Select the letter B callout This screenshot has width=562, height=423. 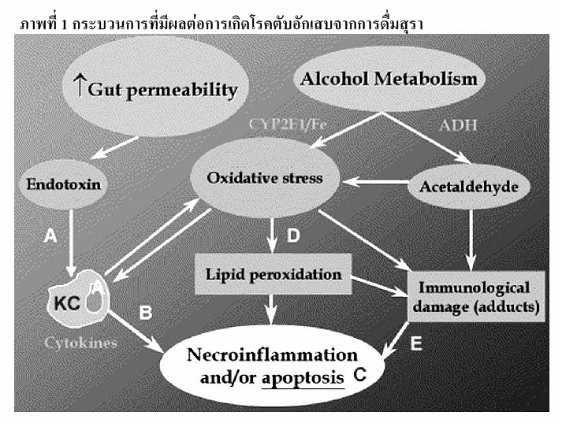click(145, 312)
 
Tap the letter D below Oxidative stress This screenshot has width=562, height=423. click(292, 235)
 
